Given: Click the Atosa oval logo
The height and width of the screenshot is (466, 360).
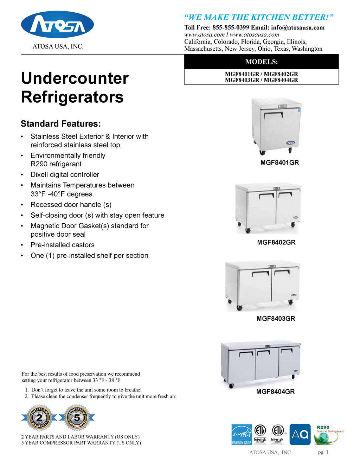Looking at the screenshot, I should (57, 25).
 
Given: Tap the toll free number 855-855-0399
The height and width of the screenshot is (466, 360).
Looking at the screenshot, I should (231, 27).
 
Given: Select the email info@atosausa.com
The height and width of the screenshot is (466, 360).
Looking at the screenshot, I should (297, 27).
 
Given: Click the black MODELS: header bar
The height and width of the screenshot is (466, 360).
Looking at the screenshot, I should (261, 62).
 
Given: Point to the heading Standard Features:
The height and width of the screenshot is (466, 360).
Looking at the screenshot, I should (61, 124).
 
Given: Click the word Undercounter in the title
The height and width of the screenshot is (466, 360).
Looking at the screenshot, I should (75, 78).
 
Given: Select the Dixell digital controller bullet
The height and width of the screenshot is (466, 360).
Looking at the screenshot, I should (65, 175).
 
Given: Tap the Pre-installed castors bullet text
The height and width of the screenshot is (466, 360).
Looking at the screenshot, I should (63, 245).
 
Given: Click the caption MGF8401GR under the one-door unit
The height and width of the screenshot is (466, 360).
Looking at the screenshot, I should (279, 163).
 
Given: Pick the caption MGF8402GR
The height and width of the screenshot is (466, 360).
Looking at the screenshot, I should (276, 242).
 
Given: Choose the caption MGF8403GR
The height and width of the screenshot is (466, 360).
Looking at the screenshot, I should (276, 319).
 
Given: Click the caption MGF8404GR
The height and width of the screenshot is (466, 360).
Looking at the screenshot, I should (275, 392).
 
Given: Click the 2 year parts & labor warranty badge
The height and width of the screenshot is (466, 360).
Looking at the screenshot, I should (39, 418).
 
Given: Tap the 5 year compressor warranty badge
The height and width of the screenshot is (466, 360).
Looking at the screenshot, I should (77, 418).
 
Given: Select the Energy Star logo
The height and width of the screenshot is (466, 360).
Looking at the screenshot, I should (242, 435).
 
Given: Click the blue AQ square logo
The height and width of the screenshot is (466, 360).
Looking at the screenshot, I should (300, 435).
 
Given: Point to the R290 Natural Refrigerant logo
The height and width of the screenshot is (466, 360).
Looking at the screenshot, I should (328, 435).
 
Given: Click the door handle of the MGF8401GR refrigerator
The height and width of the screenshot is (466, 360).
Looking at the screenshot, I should (273, 115).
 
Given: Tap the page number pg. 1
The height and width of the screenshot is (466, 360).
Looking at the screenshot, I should (323, 452).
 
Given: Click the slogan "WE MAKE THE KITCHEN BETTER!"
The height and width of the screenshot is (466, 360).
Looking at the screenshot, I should (259, 17).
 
